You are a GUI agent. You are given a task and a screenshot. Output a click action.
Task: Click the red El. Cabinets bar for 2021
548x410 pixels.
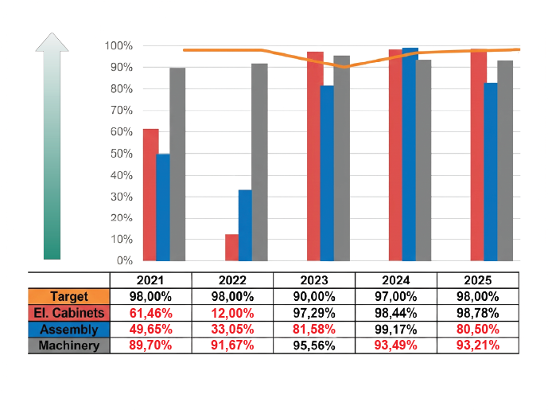[150, 195]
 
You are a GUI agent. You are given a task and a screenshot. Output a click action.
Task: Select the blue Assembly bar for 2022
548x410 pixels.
[245, 225]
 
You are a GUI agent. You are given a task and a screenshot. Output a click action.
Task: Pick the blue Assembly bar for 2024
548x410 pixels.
[410, 154]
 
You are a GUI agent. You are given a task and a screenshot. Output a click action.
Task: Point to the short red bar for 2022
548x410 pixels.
[231, 248]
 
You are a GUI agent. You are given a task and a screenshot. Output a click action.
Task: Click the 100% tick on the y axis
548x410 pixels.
[119, 45]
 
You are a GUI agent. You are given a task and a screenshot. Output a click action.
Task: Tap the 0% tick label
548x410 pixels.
[124, 260]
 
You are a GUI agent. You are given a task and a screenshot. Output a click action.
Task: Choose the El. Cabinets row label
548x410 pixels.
[68, 312]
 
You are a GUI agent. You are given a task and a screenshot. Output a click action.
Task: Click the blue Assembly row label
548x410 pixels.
[68, 329]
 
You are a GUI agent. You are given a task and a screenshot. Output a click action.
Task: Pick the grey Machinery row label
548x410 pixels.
[68, 345]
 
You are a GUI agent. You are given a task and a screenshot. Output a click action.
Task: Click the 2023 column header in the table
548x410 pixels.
[313, 279]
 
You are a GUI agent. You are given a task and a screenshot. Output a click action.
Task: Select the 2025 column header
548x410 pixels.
[476, 279]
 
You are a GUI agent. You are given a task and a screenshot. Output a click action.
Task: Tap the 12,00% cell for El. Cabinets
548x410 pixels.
[231, 312]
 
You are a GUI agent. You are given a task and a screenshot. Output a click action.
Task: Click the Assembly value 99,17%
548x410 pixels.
[394, 329]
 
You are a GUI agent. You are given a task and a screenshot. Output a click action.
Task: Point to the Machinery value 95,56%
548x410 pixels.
[313, 345]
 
